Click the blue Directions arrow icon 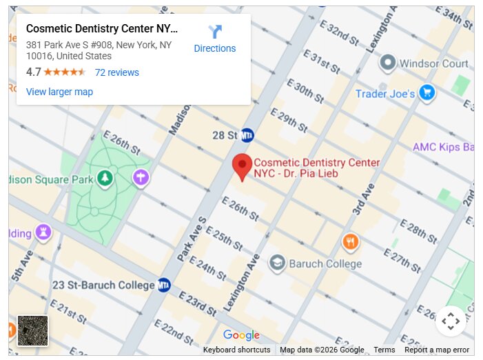215,32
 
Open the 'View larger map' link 59,92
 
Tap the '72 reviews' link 116,72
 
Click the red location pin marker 241,167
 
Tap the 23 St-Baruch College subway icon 163,285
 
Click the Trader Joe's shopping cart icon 427,92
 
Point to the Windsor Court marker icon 387,63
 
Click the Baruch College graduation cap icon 277,263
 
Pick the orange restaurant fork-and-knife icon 351,242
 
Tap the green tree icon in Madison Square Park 105,179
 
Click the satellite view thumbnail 33,330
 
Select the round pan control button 451,321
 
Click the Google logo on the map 241,336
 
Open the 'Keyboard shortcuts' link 236,350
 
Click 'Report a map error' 437,350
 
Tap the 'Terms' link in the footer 384,350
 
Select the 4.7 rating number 34,72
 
